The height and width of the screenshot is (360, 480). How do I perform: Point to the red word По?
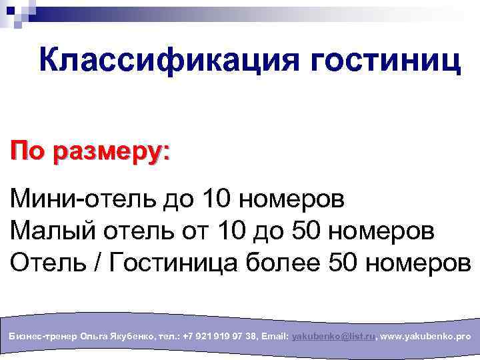(27, 150)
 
